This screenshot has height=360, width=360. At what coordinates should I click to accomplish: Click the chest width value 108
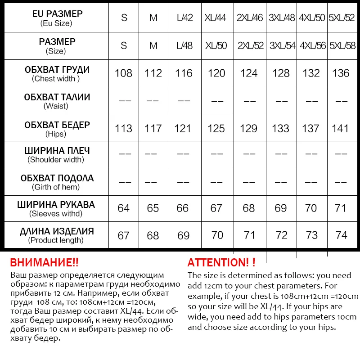pyautogui.click(x=124, y=73)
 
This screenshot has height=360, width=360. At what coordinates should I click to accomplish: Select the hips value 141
pyautogui.click(x=340, y=128)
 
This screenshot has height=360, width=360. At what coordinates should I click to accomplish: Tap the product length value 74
pyautogui.click(x=341, y=235)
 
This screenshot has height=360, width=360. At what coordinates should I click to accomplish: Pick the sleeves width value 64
pyautogui.click(x=124, y=208)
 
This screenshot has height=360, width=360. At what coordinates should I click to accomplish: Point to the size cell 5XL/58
pyautogui.click(x=342, y=46)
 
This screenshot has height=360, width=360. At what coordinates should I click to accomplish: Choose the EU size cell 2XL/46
pyautogui.click(x=249, y=18)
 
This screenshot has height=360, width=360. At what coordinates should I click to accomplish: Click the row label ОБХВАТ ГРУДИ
pyautogui.click(x=57, y=70)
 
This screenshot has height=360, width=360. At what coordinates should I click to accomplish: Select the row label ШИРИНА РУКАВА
pyautogui.click(x=56, y=205)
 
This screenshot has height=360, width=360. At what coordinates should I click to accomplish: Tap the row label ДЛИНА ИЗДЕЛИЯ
pyautogui.click(x=57, y=232)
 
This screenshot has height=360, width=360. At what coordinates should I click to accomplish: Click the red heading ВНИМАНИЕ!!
pyautogui.click(x=44, y=263)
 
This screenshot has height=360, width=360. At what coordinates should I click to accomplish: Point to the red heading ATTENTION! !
pyautogui.click(x=221, y=263)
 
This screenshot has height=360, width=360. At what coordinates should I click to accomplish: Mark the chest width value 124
pyautogui.click(x=249, y=73)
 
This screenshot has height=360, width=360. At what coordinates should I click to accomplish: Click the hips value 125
pyautogui.click(x=216, y=128)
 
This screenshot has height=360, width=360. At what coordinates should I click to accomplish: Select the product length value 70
pyautogui.click(x=217, y=235)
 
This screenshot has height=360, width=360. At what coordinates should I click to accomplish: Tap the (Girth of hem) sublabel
pyautogui.click(x=56, y=187)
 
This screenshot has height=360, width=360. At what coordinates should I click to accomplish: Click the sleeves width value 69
pyautogui.click(x=281, y=208)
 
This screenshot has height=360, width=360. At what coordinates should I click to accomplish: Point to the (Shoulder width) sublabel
pyautogui.click(x=56, y=160)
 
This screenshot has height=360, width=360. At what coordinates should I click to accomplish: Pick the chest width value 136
pyautogui.click(x=341, y=73)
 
